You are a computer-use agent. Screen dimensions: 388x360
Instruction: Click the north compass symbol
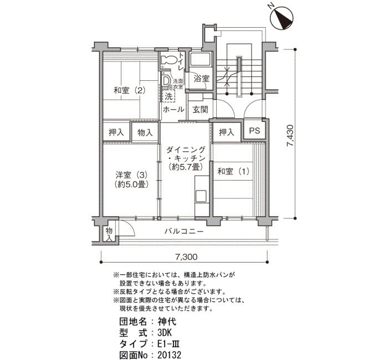282,18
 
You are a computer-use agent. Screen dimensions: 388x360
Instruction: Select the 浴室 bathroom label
201,79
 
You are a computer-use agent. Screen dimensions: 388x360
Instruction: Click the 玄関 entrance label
200,109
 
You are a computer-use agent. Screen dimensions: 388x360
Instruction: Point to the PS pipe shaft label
254,130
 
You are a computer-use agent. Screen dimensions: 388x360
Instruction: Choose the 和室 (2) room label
129,90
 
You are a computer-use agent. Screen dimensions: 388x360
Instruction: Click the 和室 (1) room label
233,171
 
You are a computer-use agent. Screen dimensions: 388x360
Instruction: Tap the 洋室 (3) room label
131,175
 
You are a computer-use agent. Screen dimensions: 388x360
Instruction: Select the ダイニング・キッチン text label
186,154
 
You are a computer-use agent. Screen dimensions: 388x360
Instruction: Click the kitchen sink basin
201,197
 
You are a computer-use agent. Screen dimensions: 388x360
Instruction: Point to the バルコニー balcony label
184,232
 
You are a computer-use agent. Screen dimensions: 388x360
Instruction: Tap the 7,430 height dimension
290,136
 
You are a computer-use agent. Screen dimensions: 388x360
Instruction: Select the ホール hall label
173,109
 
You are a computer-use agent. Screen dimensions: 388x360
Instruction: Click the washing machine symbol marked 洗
169,96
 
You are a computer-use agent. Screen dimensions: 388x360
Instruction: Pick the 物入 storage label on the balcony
109,234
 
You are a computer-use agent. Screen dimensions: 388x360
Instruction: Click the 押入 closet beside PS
226,132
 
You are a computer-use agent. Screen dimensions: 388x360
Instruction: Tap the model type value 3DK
165,332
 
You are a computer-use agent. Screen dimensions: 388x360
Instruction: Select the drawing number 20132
170,355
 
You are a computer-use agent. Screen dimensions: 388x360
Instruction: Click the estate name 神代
167,322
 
